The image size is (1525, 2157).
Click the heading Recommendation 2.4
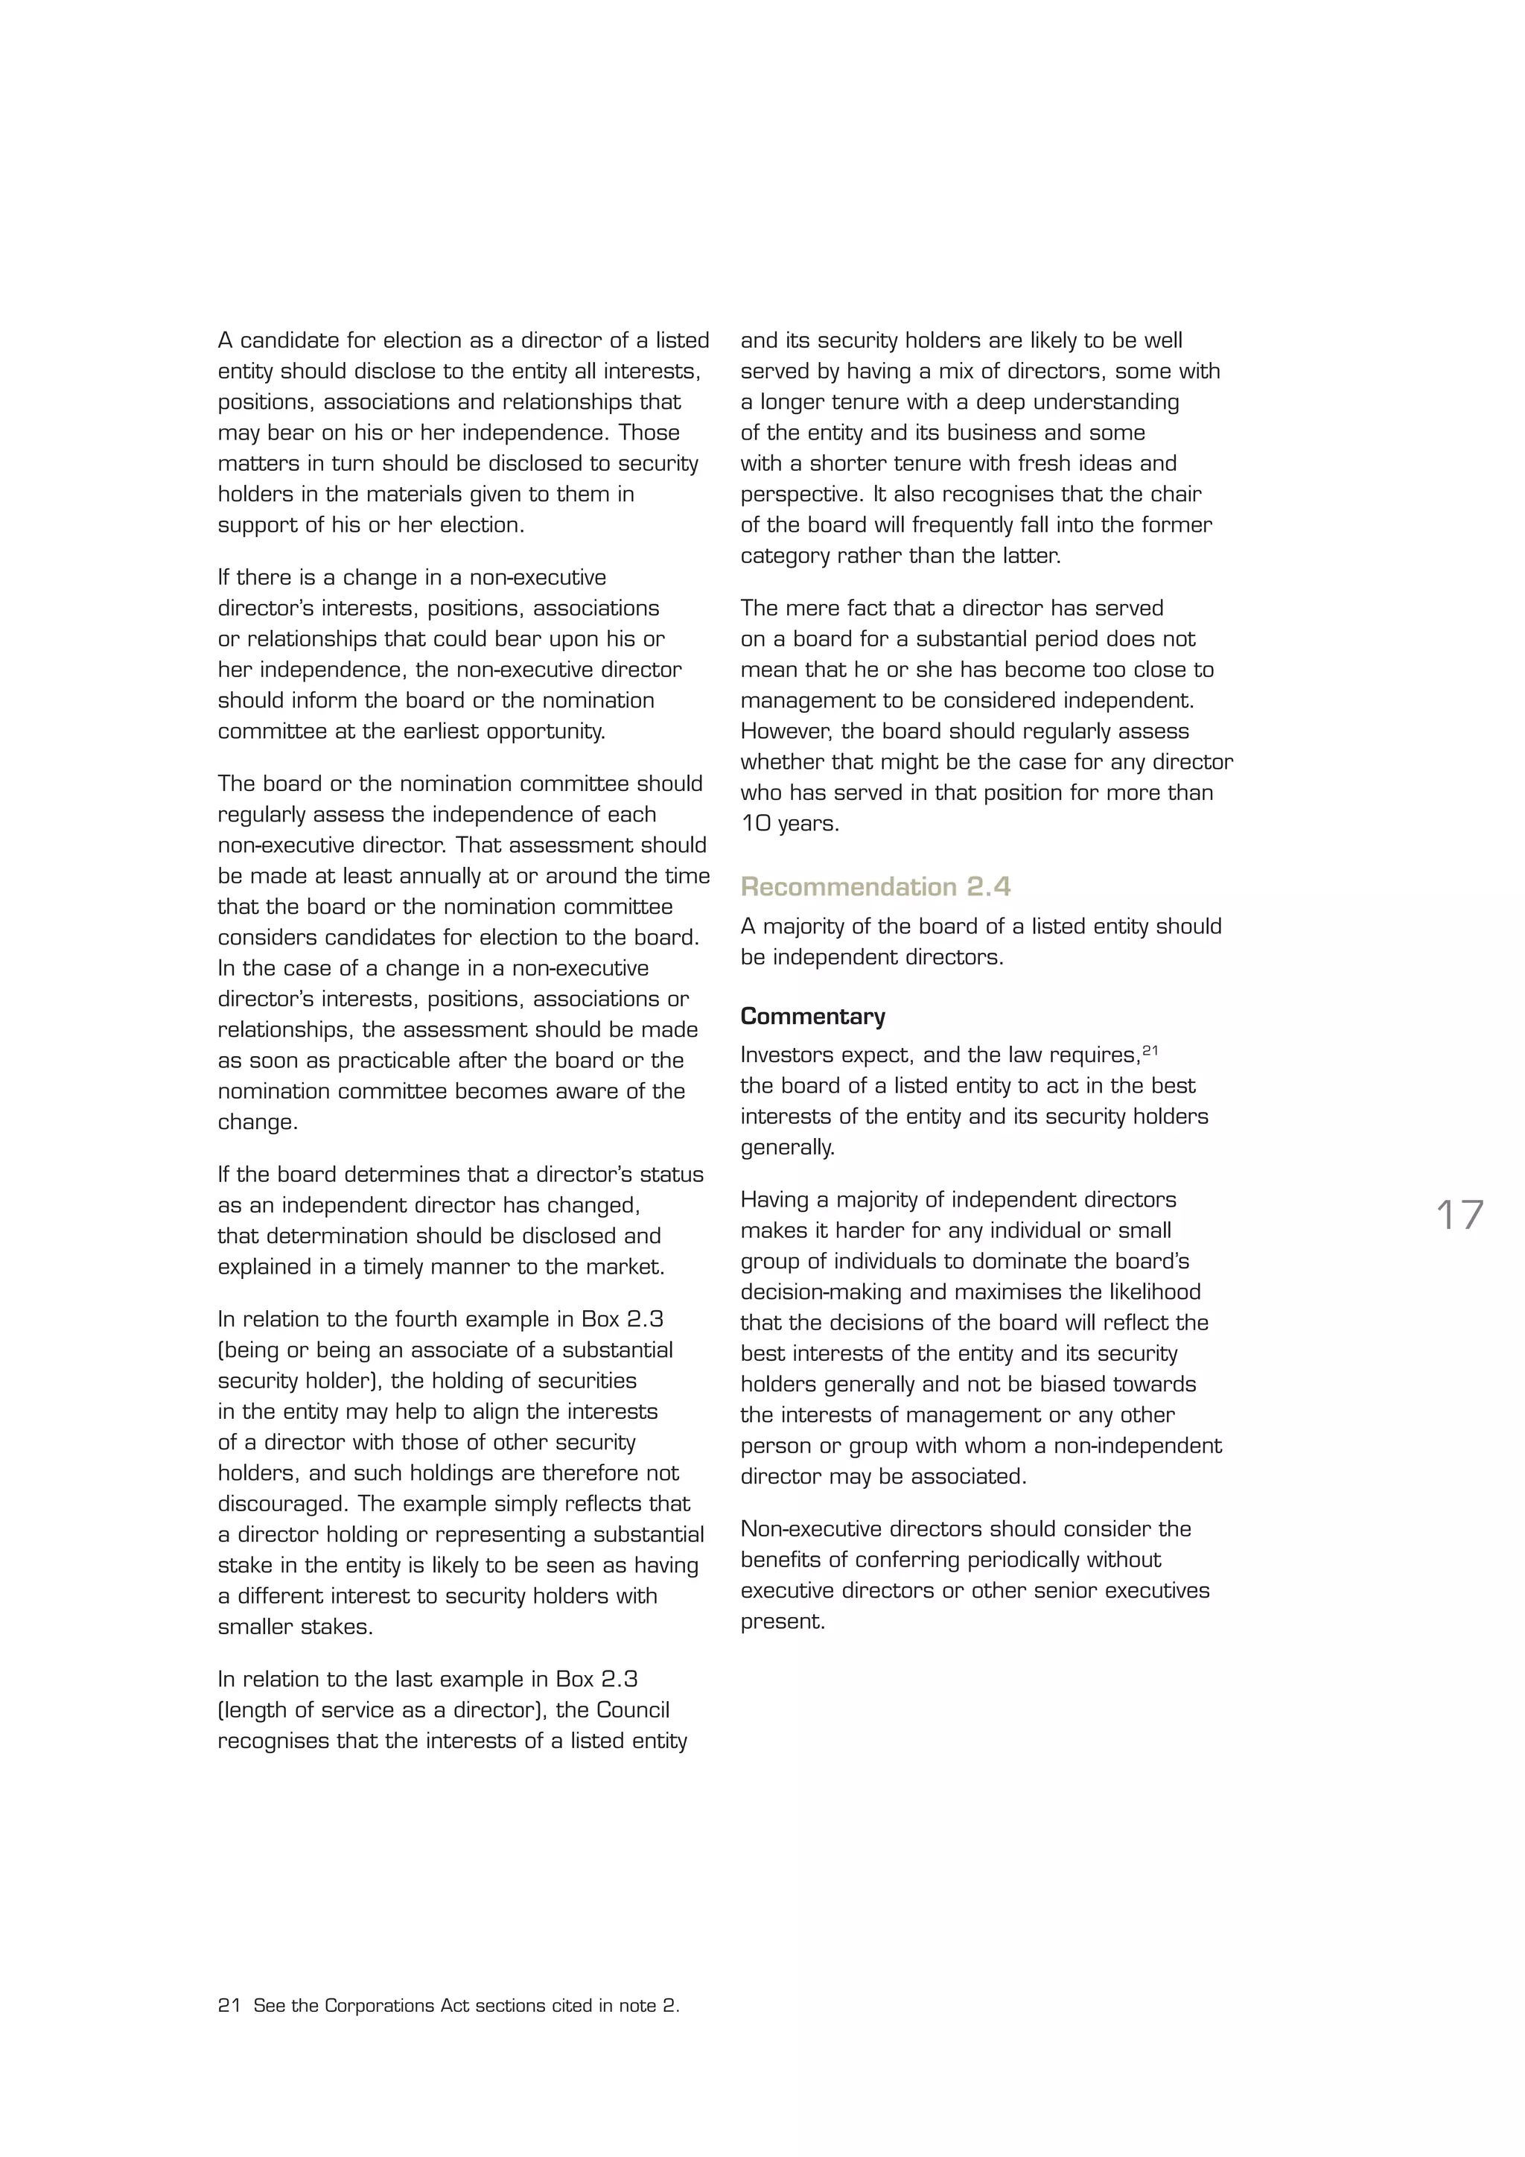pos(875,887)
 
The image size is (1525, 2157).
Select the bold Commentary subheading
pos(812,1017)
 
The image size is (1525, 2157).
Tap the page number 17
pos(1459,1216)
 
